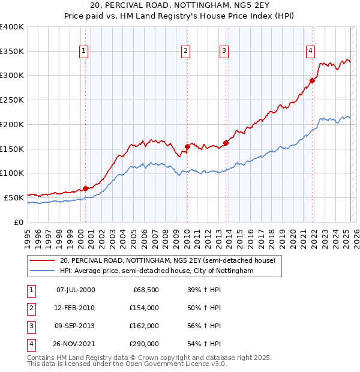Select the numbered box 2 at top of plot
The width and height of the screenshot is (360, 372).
186,51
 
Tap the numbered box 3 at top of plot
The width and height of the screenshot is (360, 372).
223,51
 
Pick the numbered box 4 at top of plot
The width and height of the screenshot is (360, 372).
310,51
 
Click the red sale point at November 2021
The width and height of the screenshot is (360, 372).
313,80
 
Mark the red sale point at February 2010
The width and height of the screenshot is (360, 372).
187,146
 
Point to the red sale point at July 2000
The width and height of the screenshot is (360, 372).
85,188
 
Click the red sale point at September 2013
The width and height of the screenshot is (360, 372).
226,143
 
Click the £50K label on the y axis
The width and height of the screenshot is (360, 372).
14,197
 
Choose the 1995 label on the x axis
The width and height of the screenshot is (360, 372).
28,237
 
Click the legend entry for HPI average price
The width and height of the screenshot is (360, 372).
157,271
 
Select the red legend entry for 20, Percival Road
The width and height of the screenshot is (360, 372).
167,260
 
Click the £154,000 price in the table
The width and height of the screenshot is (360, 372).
144,308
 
